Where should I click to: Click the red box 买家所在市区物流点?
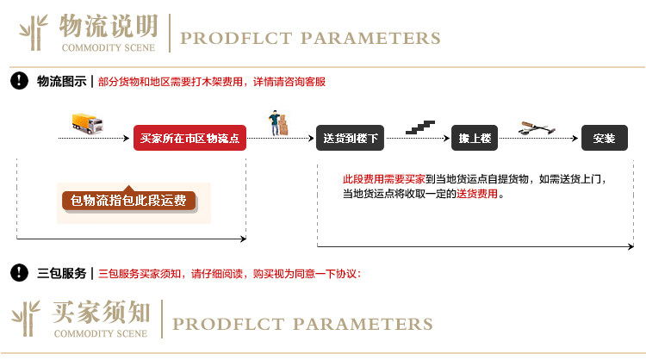(190, 138)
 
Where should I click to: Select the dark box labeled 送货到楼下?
(350, 138)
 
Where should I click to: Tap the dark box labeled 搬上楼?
(475, 138)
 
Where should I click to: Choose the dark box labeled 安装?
(604, 138)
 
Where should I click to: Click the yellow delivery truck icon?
(86, 125)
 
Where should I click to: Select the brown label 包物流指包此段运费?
(128, 201)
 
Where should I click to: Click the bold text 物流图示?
(60, 82)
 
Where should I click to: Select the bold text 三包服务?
(60, 274)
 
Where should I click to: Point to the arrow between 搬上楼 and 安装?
(550, 138)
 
